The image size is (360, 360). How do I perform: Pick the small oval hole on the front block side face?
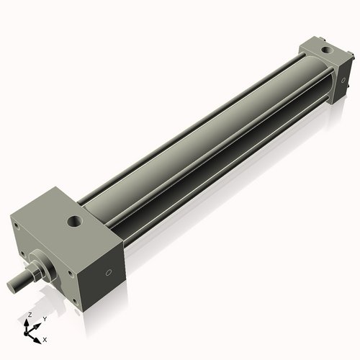(109, 273)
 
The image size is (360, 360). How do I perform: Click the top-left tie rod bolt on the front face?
(16, 225)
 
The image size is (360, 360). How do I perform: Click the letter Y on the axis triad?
(44, 318)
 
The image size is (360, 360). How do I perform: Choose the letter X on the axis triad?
(45, 338)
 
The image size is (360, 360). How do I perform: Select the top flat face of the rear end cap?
(317, 53)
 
